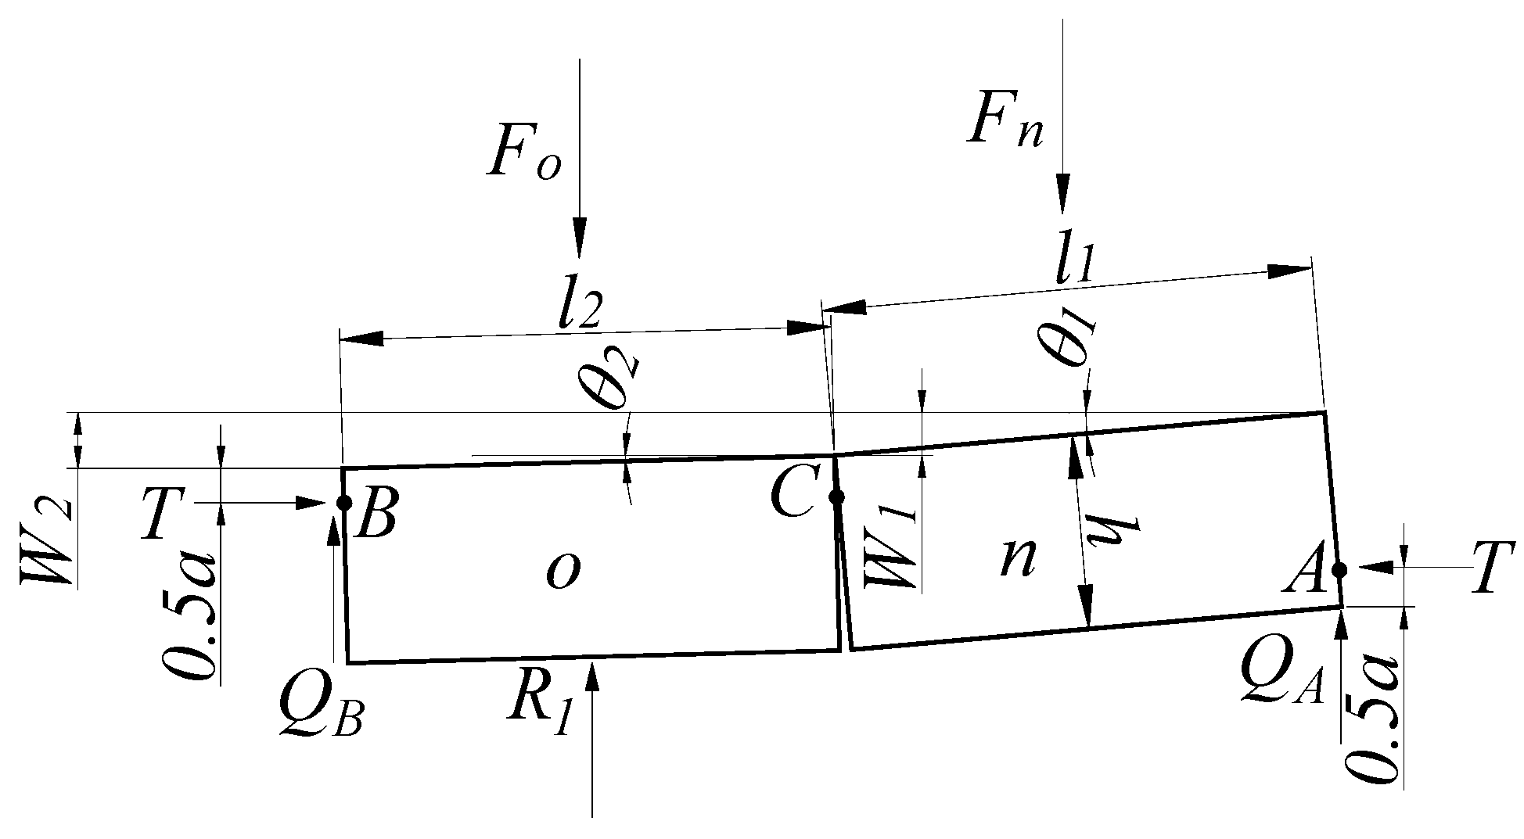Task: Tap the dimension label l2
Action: (579, 309)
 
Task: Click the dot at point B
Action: (344, 503)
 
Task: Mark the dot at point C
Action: (836, 497)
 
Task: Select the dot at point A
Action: (1339, 569)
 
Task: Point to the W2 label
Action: (49, 542)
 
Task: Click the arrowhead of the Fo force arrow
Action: (579, 238)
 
